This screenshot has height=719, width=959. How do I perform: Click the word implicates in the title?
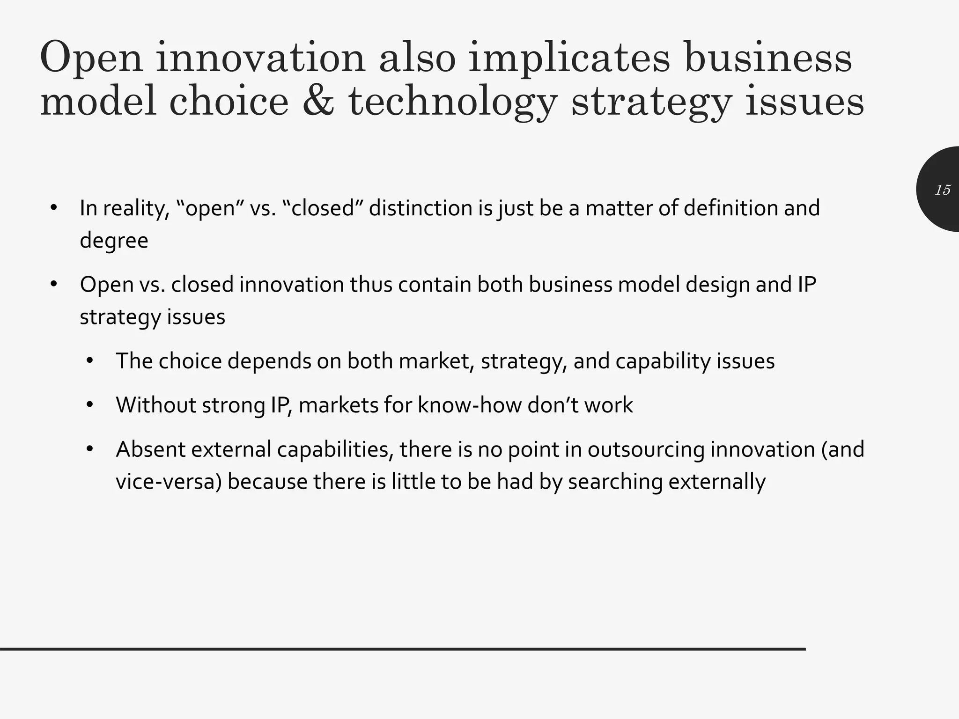pos(569,59)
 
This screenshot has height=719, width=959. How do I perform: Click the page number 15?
pos(943,190)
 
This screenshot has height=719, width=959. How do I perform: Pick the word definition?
pos(730,208)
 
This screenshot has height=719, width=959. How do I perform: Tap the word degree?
pos(114,241)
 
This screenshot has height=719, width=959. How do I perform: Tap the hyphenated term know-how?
pos(469,405)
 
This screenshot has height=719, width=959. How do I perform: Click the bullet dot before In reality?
pos(54,208)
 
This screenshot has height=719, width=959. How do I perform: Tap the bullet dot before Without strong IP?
pos(90,405)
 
